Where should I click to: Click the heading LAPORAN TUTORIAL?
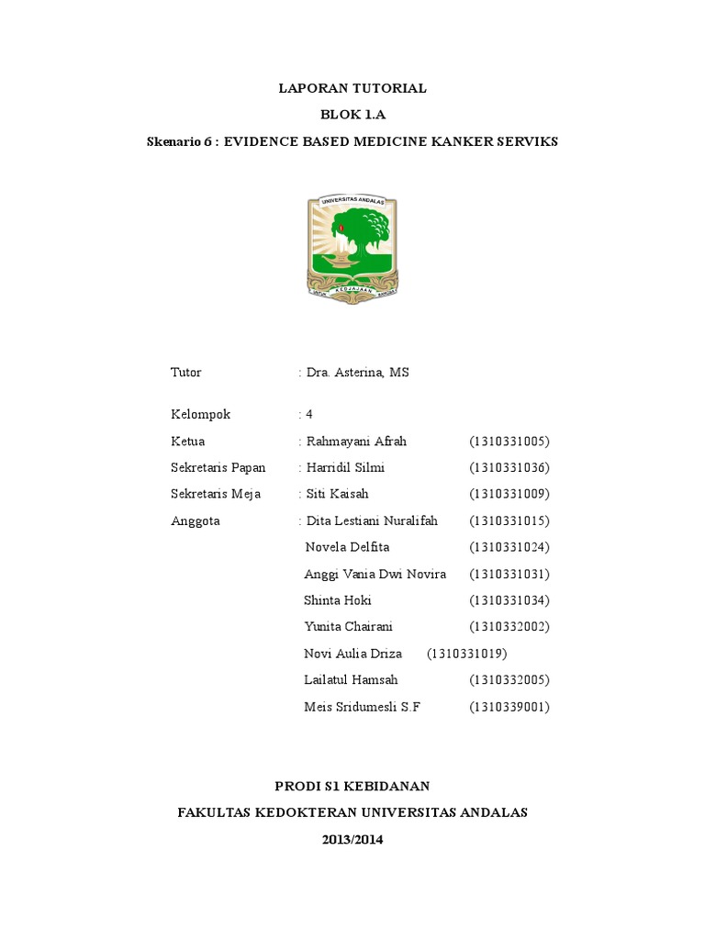coord(352,89)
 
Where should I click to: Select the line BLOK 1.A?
coord(352,116)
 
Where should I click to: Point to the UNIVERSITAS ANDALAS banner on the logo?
coord(352,201)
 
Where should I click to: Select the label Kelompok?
coord(201,414)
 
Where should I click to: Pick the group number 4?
coord(309,414)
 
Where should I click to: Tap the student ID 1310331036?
coord(509,468)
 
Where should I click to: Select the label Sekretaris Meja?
coord(216,494)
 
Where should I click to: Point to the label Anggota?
coord(196,520)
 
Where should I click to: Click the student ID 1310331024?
coord(509,547)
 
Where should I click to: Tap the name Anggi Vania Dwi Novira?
coord(375,574)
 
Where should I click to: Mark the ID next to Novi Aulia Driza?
coord(467,654)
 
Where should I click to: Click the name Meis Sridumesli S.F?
coord(361,707)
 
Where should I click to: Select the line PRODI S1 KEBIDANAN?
coord(352,786)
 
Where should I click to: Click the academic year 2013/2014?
coord(352,839)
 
